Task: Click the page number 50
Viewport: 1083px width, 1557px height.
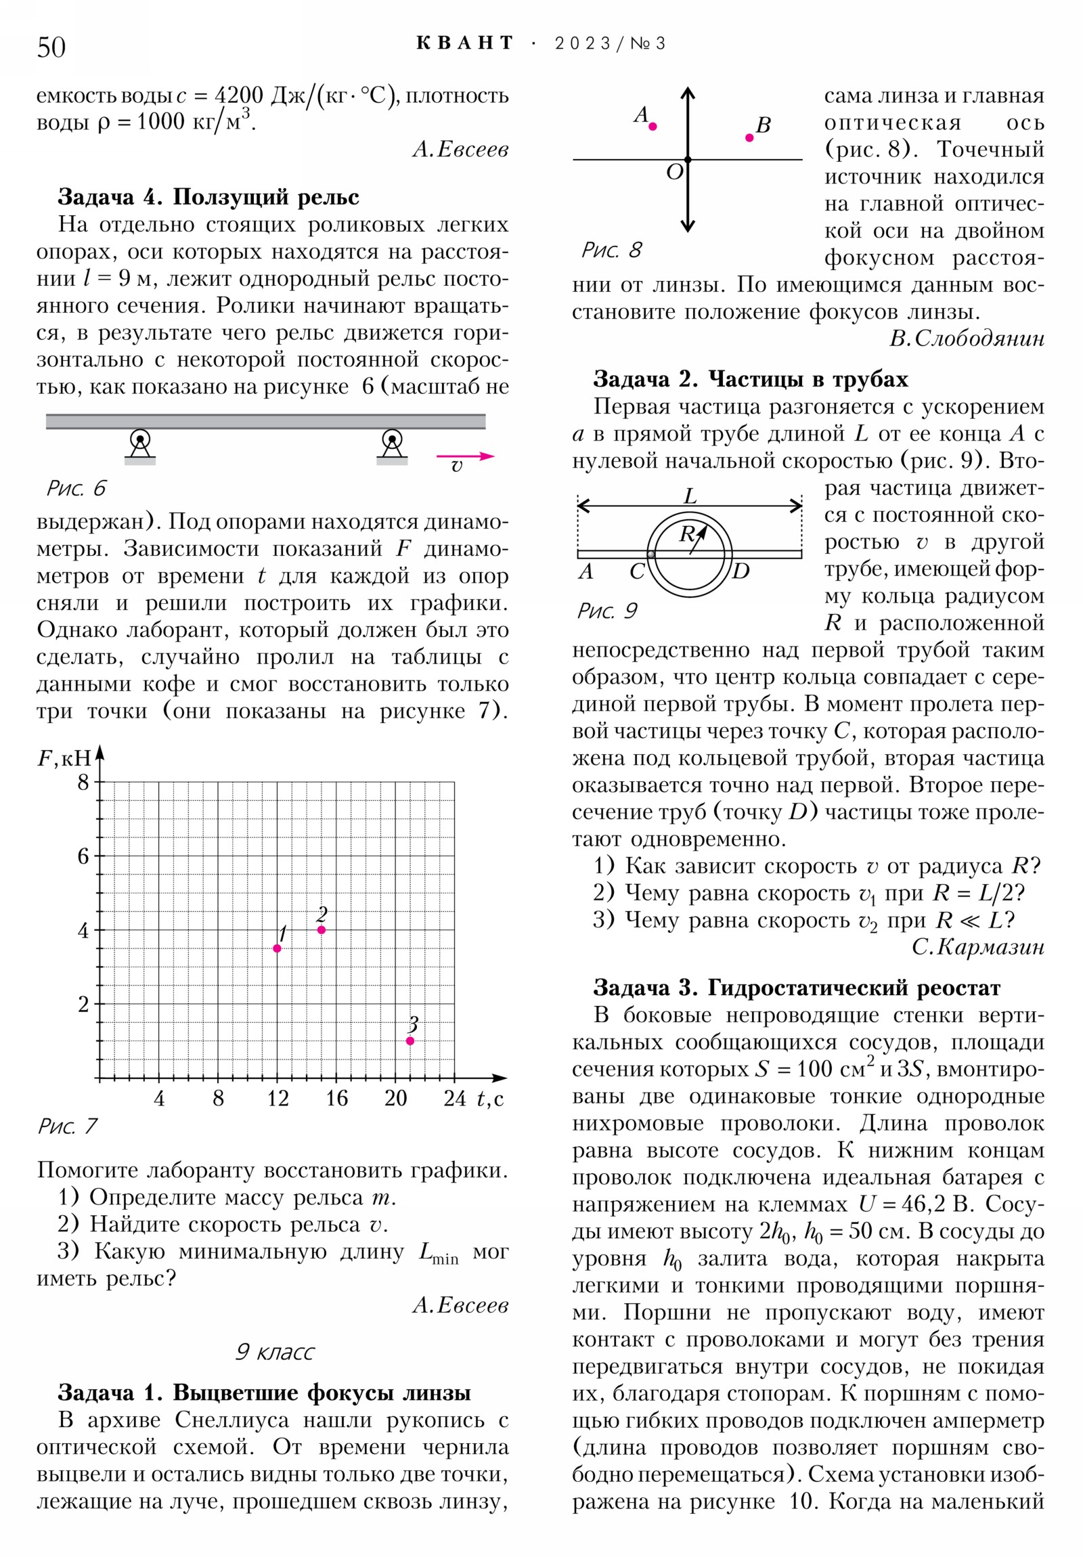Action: click(51, 47)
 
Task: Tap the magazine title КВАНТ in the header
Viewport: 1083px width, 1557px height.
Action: click(464, 43)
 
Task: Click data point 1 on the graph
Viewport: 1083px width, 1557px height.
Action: click(277, 948)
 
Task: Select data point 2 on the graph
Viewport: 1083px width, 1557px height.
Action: click(322, 929)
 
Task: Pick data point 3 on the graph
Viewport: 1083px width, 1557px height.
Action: click(410, 1041)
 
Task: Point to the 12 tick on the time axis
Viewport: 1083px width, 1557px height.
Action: click(278, 1099)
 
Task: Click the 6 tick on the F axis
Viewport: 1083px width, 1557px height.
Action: click(83, 856)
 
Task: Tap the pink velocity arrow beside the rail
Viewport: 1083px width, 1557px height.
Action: click(465, 456)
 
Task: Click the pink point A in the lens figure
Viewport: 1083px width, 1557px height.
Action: click(653, 126)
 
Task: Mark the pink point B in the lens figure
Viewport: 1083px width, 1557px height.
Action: click(749, 137)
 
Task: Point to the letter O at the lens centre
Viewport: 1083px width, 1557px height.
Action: click(674, 172)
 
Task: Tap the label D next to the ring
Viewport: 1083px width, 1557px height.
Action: click(741, 571)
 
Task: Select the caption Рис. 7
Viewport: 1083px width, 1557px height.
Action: click(68, 1126)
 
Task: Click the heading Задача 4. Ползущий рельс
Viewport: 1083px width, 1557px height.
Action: click(208, 197)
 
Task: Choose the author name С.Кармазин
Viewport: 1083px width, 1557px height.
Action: click(977, 946)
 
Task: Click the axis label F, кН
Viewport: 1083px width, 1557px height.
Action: click(64, 758)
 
